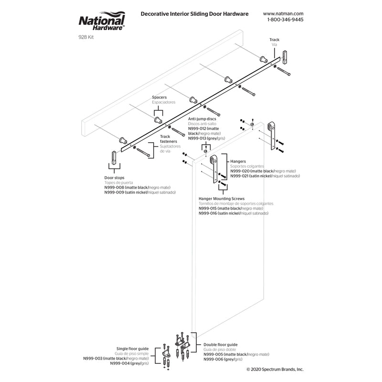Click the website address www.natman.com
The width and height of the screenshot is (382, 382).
click(283, 14)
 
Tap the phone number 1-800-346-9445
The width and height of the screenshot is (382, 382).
click(283, 20)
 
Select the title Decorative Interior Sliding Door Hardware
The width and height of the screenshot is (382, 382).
click(194, 14)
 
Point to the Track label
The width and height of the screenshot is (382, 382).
click(274, 40)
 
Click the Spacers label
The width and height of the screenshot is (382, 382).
click(159, 97)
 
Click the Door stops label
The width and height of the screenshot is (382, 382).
click(115, 177)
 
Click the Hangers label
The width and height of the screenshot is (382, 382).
click(238, 161)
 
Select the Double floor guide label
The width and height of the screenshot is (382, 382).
click(220, 344)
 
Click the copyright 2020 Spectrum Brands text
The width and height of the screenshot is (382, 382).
click(275, 369)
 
